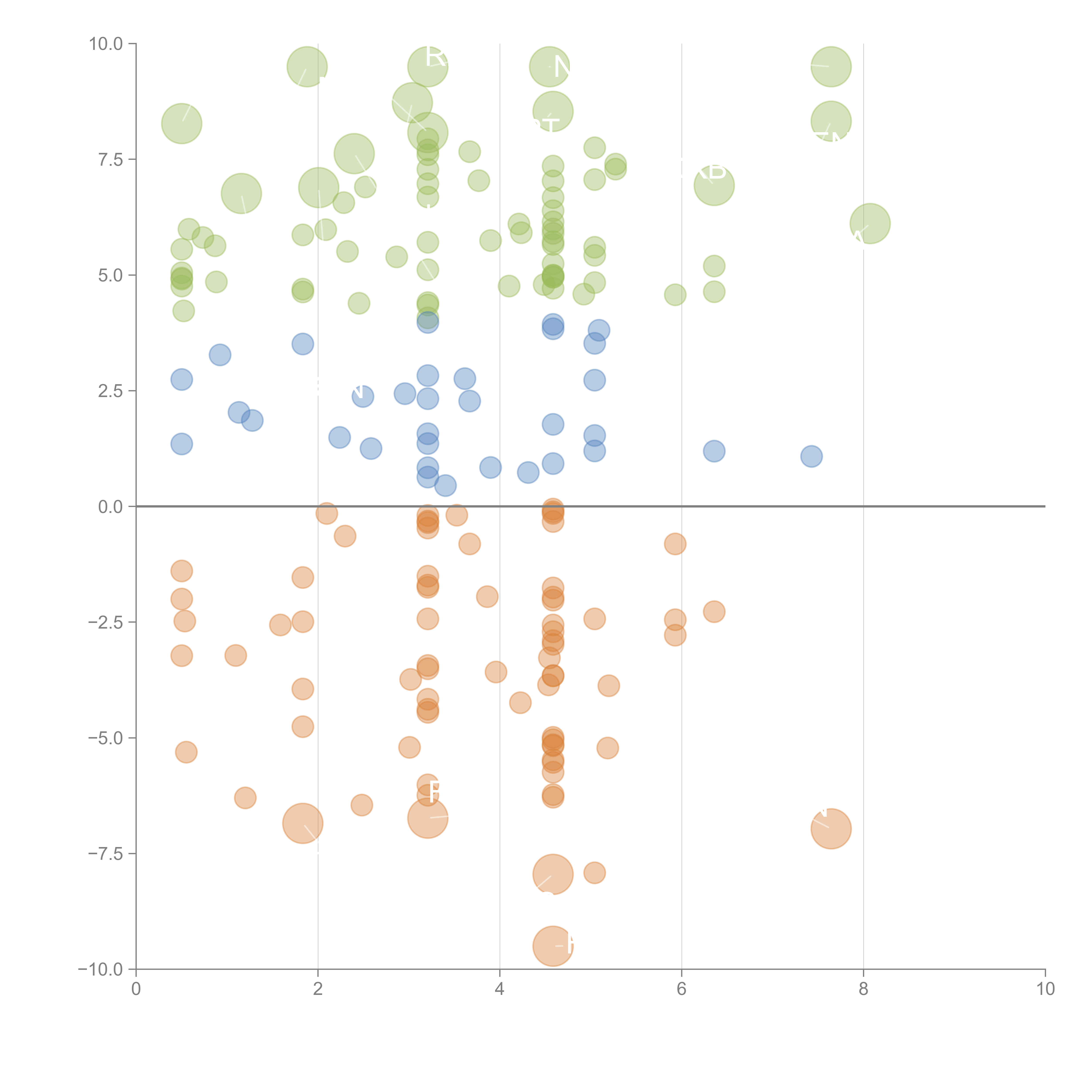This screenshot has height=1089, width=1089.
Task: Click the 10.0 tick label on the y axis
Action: point(105,44)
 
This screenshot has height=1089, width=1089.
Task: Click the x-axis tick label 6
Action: point(681,989)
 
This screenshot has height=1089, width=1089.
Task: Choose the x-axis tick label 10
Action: point(1045,989)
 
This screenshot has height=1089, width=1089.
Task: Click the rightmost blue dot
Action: point(811,456)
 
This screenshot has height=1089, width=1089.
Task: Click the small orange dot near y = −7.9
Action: point(594,873)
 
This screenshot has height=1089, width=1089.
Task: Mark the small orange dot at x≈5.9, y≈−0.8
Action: point(675,544)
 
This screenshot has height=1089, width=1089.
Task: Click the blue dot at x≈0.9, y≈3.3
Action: point(220,355)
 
